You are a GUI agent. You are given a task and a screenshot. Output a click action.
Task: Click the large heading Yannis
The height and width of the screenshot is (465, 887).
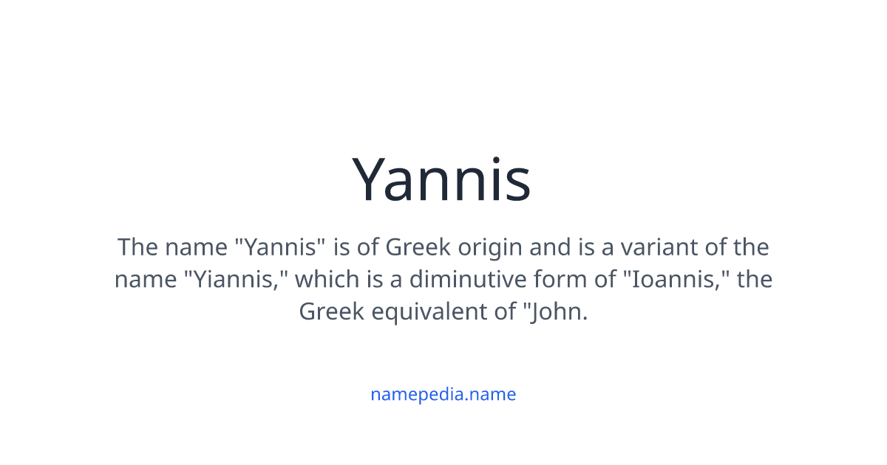(x=441, y=181)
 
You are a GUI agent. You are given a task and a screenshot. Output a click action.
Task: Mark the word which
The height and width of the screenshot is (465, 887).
(x=329, y=280)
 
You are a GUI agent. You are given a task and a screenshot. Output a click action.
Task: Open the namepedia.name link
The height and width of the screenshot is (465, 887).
(x=443, y=394)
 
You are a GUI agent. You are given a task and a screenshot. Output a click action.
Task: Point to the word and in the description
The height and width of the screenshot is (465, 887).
(x=549, y=247)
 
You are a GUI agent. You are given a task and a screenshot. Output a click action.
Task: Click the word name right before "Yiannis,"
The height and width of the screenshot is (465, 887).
(x=145, y=280)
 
